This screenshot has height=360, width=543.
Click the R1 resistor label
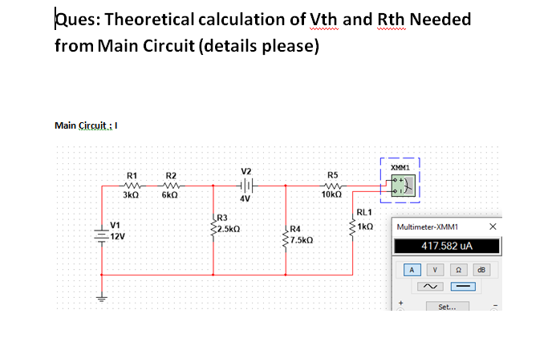click(x=130, y=174)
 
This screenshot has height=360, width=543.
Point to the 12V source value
click(x=119, y=237)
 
